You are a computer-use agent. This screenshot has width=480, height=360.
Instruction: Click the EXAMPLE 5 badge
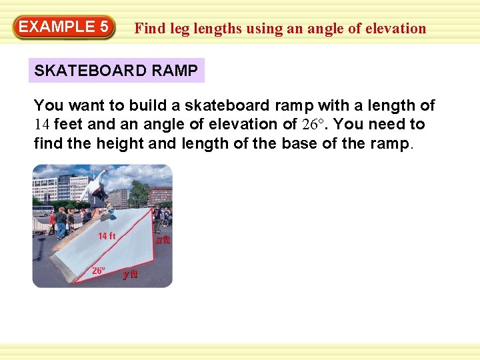(x=64, y=27)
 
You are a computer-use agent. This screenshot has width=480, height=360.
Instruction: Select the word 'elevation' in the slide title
(x=396, y=29)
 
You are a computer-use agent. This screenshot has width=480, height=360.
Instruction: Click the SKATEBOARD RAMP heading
(x=116, y=71)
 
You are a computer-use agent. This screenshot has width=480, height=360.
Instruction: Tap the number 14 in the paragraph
(x=42, y=124)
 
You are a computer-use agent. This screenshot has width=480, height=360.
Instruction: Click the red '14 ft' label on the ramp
(x=107, y=236)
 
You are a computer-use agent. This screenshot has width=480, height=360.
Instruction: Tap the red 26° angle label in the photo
(x=98, y=271)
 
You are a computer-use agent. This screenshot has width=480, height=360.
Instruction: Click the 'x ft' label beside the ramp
(x=163, y=240)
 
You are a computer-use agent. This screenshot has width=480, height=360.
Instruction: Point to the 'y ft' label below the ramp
(x=129, y=275)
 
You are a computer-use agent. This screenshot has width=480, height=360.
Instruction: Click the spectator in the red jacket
(x=52, y=219)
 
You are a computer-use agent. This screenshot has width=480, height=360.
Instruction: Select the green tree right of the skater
(x=139, y=193)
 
